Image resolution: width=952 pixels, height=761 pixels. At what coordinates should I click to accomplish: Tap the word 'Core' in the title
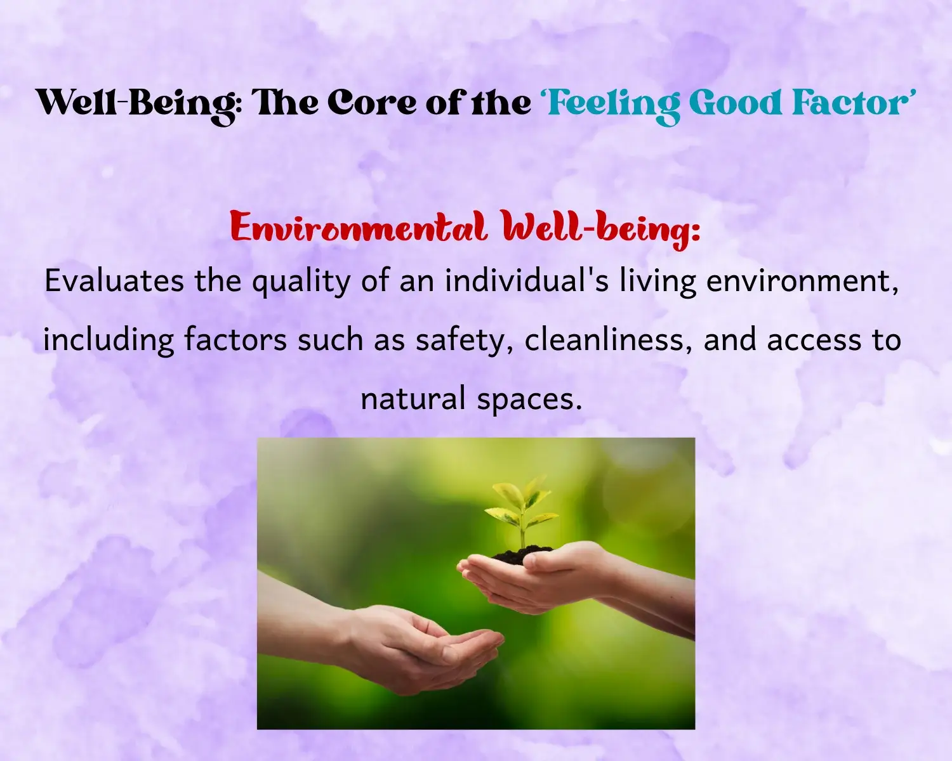(x=373, y=103)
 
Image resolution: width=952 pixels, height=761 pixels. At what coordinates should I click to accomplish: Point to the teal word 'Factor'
(x=847, y=103)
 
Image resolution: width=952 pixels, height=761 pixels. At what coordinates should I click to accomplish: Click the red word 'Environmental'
(x=359, y=228)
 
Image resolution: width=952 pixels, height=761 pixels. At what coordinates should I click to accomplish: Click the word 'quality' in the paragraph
(x=301, y=283)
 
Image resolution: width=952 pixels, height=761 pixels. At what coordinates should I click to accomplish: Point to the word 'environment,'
(x=802, y=282)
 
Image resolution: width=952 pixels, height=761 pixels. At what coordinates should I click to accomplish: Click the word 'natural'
(x=413, y=398)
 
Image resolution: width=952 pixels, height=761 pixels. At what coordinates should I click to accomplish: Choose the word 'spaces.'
(x=529, y=401)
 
